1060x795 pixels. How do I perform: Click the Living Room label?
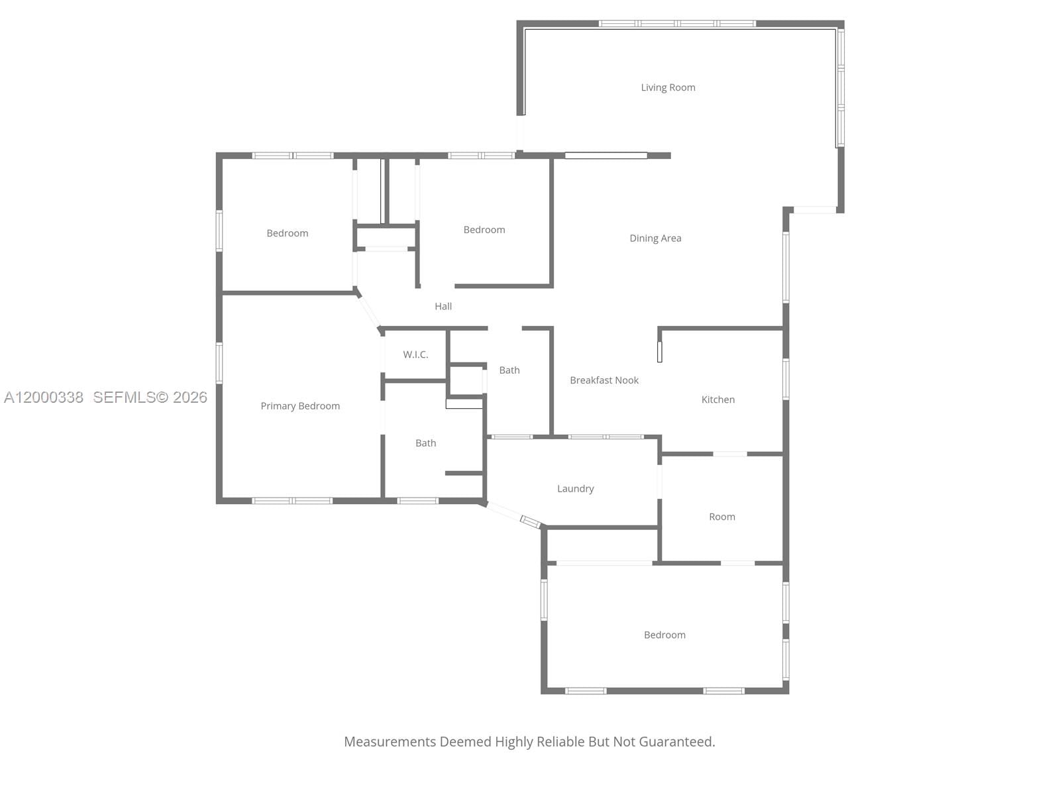click(x=668, y=87)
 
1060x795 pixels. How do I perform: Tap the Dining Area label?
click(x=655, y=238)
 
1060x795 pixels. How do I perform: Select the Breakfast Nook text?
click(x=604, y=380)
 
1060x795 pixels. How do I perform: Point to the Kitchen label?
click(x=718, y=399)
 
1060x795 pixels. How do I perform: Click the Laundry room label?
click(x=575, y=489)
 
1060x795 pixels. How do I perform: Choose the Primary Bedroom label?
click(x=300, y=406)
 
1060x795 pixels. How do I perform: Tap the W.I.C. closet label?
click(x=415, y=354)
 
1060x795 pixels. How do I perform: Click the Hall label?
click(x=443, y=306)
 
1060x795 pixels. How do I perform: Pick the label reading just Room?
click(x=722, y=517)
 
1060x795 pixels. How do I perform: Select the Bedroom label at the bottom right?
click(x=664, y=635)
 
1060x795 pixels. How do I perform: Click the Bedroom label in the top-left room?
click(x=287, y=233)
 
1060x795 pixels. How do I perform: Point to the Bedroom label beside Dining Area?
click(x=484, y=230)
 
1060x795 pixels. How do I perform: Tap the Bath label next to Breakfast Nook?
click(x=509, y=370)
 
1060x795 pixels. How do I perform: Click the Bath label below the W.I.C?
click(x=425, y=443)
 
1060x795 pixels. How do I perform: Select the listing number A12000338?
click(x=44, y=397)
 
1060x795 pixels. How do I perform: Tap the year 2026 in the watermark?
click(x=190, y=397)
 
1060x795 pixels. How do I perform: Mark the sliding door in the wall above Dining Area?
click(x=606, y=156)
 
